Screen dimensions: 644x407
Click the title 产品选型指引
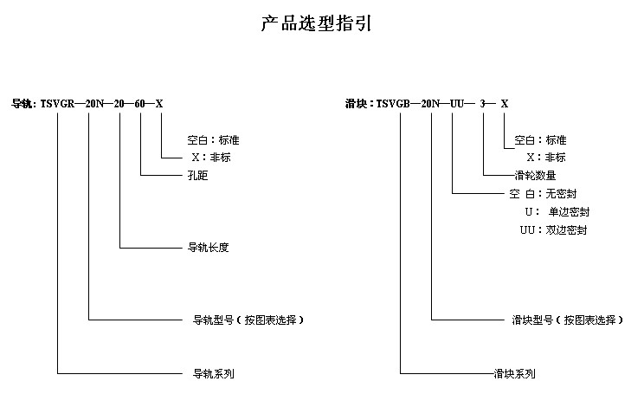click(x=316, y=23)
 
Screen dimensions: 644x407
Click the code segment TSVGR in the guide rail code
click(x=57, y=104)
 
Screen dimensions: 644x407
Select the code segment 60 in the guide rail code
click(x=139, y=104)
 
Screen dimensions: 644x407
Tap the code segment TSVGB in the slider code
click(x=393, y=104)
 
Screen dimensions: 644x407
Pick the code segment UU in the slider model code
click(x=457, y=104)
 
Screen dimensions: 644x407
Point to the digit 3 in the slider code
click(x=483, y=104)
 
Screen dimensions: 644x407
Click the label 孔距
click(x=197, y=176)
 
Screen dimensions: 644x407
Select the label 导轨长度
click(x=208, y=248)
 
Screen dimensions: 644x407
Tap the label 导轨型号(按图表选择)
click(x=248, y=320)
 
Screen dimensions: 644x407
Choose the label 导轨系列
click(x=214, y=374)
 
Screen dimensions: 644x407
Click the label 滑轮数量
click(x=535, y=176)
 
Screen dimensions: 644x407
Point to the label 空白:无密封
click(x=543, y=193)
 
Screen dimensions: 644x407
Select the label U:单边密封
click(x=557, y=212)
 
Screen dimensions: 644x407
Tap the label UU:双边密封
click(x=553, y=230)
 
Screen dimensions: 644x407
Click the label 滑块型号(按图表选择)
click(x=568, y=320)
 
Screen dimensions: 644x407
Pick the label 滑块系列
click(x=515, y=374)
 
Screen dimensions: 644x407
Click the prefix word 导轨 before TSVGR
click(x=22, y=104)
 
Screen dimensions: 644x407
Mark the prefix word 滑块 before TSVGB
click(x=356, y=104)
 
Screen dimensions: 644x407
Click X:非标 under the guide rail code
click(x=211, y=158)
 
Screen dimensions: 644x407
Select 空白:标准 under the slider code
click(x=540, y=140)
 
